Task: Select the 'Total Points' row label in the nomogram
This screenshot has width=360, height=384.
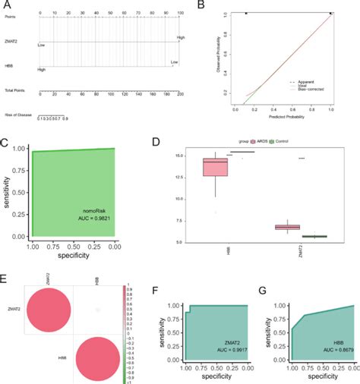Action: [x=14, y=91]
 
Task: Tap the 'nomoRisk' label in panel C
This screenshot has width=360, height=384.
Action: [x=93, y=208]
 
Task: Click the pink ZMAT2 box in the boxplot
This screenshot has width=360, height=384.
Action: [x=287, y=227]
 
